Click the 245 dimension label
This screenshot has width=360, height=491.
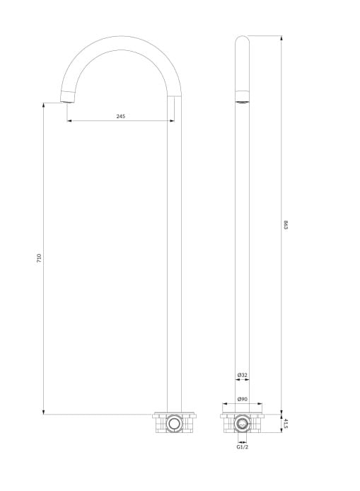tap(120, 116)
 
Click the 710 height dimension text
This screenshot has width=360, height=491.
tap(39, 258)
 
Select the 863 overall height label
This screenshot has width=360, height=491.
tap(286, 225)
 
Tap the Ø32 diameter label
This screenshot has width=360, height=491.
tap(243, 374)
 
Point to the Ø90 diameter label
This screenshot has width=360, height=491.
tap(243, 399)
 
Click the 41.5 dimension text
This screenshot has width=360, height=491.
tap(286, 424)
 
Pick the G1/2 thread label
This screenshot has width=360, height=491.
tap(243, 447)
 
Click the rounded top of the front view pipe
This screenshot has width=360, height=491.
tap(243, 37)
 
